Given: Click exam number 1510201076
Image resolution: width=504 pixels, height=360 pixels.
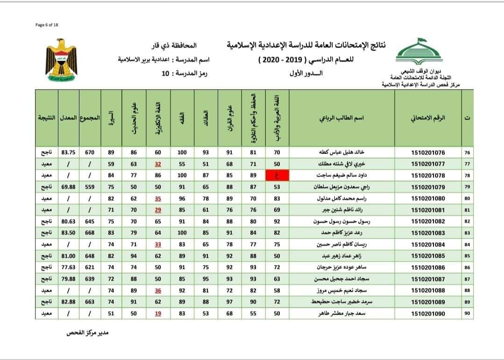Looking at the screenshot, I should coord(428,152).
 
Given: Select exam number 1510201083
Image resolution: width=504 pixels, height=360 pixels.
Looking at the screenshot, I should coord(428,232).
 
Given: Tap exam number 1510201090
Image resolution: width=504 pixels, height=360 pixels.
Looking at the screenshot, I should coord(428,314).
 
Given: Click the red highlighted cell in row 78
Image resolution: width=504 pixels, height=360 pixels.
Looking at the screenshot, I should coord(277,176).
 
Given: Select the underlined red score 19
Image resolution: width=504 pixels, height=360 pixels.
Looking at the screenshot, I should coord(158,314).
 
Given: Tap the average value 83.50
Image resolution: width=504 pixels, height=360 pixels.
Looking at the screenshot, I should coord(68,232).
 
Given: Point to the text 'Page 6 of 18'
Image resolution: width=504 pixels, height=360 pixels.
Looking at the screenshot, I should coord(47,25).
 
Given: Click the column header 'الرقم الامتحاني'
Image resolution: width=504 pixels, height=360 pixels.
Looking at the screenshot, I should coord(428,118).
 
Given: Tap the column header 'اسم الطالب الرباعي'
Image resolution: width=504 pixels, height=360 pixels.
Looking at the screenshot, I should coord(341,118).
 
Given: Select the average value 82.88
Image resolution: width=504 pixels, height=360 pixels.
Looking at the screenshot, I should coord(68,302).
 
